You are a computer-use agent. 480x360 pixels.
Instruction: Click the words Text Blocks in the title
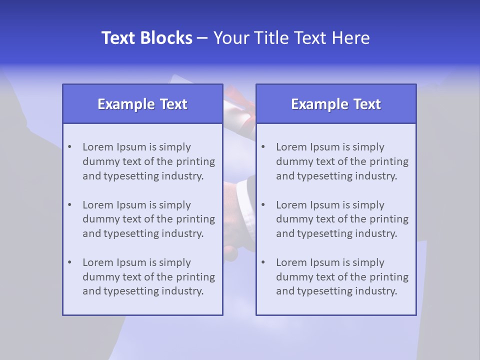[x=146, y=38]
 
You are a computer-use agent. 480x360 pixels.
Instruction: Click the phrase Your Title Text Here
[x=291, y=38]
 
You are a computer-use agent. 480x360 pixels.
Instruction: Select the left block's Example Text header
[x=142, y=104]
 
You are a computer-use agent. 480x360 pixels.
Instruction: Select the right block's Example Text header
[x=336, y=104]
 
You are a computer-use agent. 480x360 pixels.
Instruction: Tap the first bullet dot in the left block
[x=69, y=147]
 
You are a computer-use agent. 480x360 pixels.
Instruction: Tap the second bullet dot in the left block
[x=69, y=205]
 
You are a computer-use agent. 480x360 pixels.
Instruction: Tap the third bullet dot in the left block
[x=69, y=262]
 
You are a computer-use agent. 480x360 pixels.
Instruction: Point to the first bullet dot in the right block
[x=263, y=147]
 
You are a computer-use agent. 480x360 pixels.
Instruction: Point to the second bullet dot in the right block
[x=263, y=205]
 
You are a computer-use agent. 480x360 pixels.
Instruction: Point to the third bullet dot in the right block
[x=263, y=262]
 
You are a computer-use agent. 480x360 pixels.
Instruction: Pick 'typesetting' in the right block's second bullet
[x=320, y=233]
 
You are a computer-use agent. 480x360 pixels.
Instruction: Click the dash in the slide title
[x=202, y=38]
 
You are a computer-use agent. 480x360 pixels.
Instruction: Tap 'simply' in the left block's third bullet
[x=174, y=262]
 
